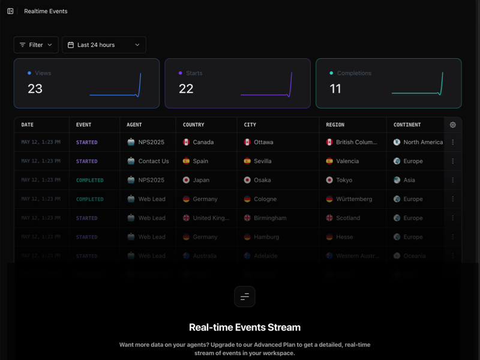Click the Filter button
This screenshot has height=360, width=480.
[36, 45]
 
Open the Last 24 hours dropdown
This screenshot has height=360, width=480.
[104, 45]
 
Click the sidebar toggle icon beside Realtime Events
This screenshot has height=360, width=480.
[10, 11]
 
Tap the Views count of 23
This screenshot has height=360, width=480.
[35, 89]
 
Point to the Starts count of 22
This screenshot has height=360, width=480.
[186, 89]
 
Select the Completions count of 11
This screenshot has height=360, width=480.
[335, 89]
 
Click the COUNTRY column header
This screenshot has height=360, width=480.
[194, 125]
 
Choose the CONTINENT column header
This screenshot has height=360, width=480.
[407, 125]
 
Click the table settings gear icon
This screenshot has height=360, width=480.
[453, 125]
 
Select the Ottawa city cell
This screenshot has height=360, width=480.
[263, 142]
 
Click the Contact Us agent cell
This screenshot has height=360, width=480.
[153, 161]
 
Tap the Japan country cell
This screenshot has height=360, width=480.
[201, 180]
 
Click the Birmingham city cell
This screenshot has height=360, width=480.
[270, 218]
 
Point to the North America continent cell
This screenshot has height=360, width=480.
[422, 142]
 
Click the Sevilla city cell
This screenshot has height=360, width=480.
[263, 161]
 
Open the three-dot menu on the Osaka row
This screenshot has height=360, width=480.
[453, 180]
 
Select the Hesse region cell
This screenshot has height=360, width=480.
[344, 237]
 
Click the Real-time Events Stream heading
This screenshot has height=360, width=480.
[245, 328]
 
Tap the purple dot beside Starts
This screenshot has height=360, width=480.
[180, 73]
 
